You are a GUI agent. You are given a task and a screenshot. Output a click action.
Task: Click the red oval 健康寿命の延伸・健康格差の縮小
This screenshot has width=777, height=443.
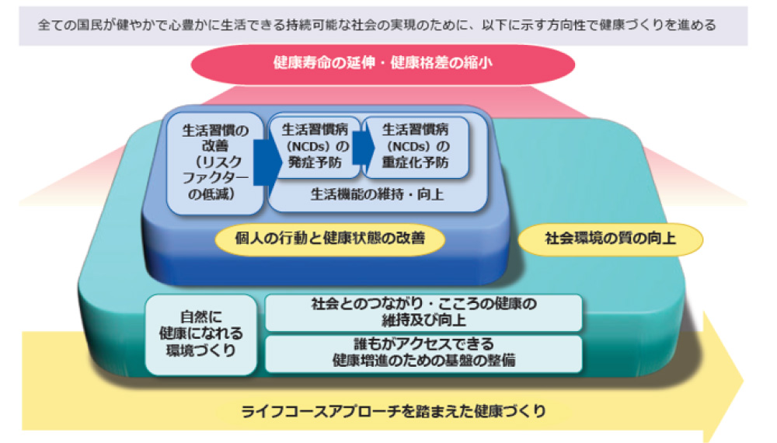pyautogui.click(x=382, y=64)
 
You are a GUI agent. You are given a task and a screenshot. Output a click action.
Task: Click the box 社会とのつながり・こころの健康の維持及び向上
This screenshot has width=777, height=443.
pyautogui.click(x=423, y=312)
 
